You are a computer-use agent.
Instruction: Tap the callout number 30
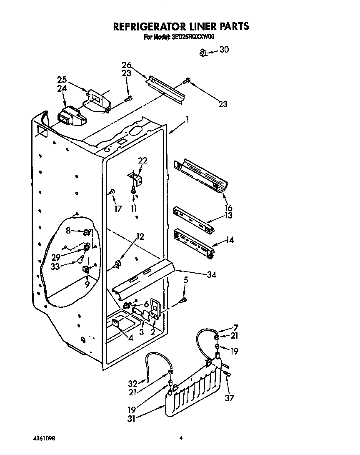[x=224, y=50]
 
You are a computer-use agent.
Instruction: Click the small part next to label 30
[x=203, y=53]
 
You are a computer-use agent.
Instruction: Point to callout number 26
[x=127, y=65]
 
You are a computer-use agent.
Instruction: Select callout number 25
[x=62, y=79]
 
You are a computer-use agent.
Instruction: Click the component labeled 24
[x=71, y=117]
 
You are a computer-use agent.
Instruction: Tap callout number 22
[x=142, y=161]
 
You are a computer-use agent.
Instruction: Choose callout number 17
[x=118, y=209]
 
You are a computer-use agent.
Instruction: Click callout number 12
[x=140, y=236]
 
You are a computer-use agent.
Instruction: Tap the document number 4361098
[x=43, y=439]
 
